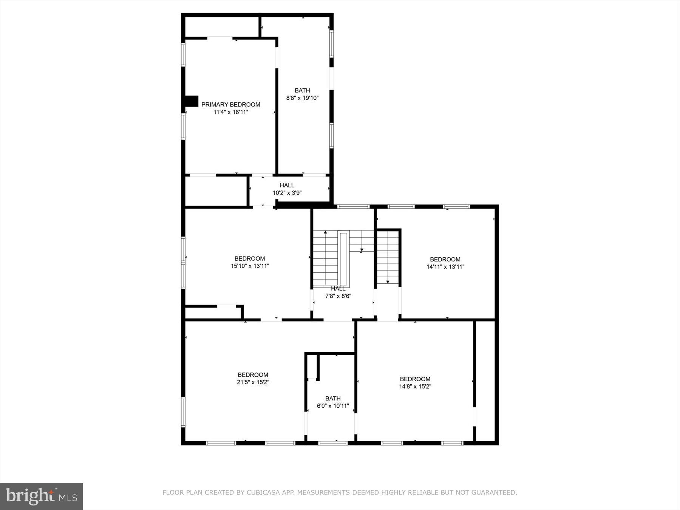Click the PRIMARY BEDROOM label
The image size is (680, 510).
click(x=230, y=105)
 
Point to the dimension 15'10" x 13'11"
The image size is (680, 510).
click(x=250, y=266)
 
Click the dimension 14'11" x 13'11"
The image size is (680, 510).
click(x=445, y=267)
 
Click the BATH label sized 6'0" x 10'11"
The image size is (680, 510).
click(x=333, y=399)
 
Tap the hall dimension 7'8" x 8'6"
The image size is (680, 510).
click(x=338, y=296)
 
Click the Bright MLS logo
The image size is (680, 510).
click(x=41, y=496)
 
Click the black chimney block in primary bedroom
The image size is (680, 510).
click(x=191, y=101)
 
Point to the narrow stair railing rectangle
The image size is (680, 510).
click(x=343, y=259)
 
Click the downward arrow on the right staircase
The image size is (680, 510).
click(x=388, y=281)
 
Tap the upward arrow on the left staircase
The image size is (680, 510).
click(x=325, y=232)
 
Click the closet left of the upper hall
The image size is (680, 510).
click(x=216, y=192)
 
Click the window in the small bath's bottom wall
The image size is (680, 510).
click(x=333, y=443)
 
